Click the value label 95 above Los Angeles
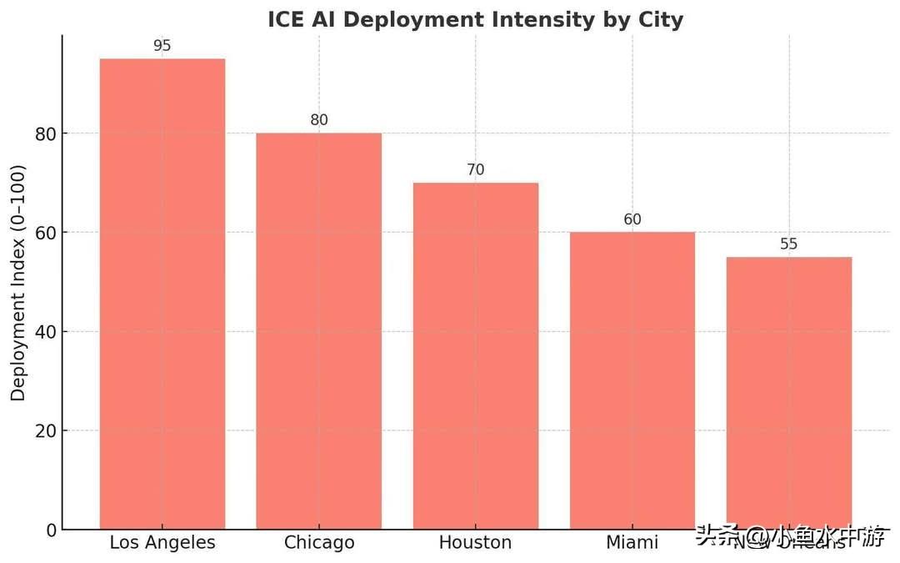[162, 46]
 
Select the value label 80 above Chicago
[318, 120]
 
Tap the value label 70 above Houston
[475, 170]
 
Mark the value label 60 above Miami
[632, 219]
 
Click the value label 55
[788, 244]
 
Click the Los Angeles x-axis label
[162, 543]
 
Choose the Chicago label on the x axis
[318, 543]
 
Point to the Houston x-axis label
[475, 543]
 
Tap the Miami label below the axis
[632, 543]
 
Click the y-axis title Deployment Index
[18, 284]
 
